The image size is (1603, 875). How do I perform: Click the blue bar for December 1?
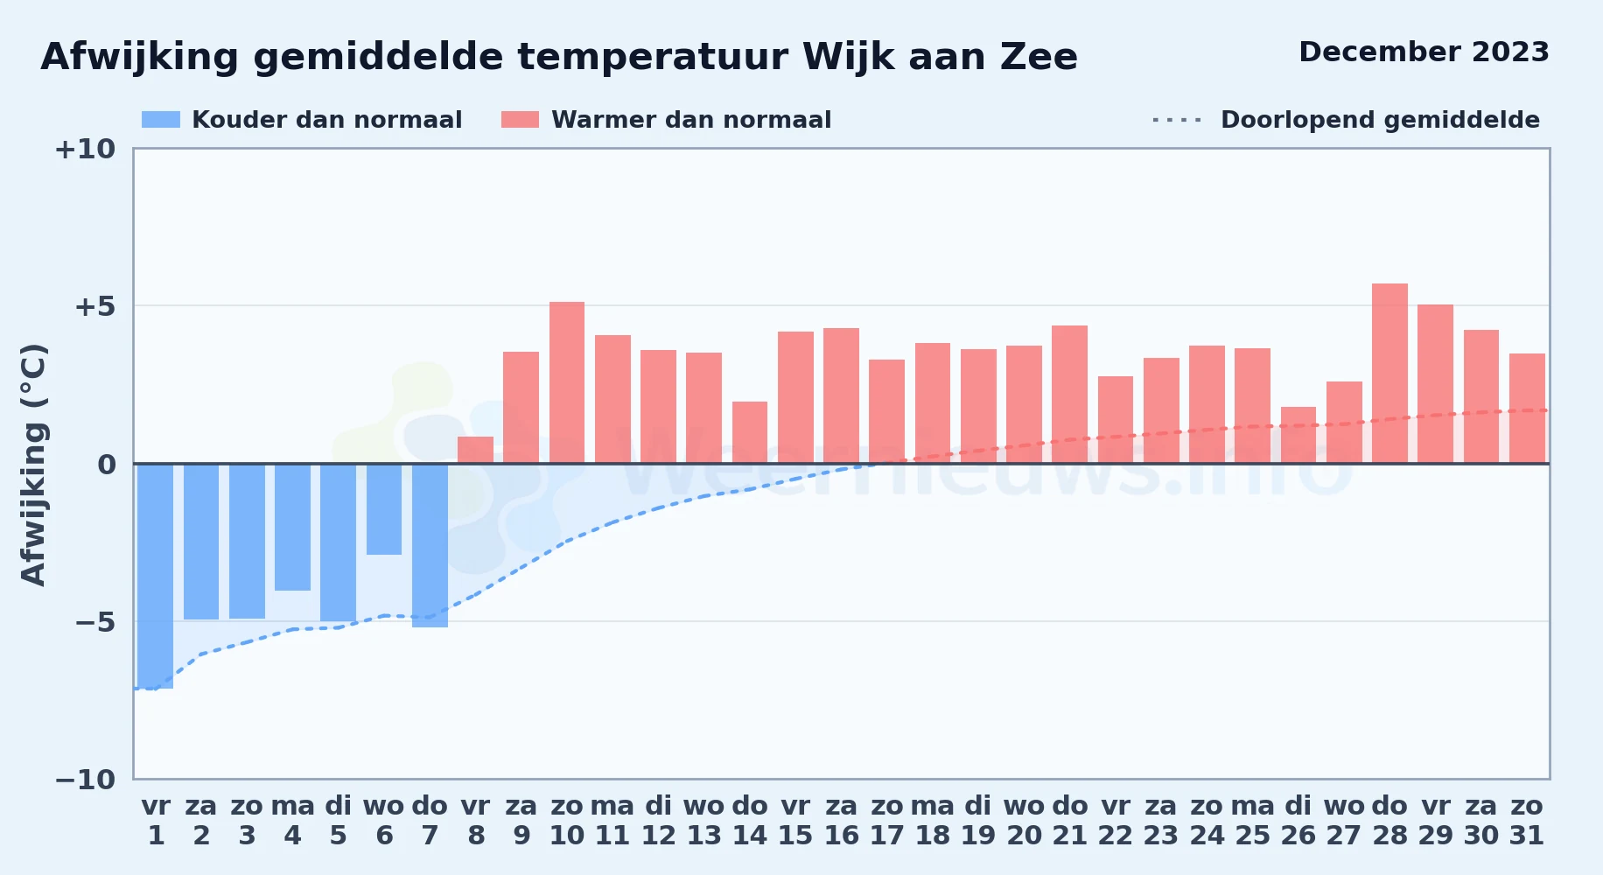156,576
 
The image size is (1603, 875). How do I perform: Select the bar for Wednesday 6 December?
384,508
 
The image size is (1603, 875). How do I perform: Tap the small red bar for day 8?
475,450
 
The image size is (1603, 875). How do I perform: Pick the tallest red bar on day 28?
1389,374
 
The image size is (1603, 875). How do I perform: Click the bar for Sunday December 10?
567,382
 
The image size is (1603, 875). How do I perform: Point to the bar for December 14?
750,432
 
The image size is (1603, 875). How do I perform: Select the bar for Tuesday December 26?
1298,435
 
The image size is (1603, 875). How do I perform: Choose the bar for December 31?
1527,409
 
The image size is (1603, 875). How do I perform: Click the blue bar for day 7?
430,545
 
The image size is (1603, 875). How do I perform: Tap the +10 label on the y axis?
85,149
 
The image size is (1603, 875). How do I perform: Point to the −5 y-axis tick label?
95,622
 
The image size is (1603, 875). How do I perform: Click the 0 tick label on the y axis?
107,465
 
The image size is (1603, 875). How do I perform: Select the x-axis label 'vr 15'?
795,821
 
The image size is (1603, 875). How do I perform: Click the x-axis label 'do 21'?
1069,821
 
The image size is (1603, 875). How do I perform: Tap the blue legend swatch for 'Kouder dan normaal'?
161,120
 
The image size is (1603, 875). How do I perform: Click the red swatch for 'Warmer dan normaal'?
520,120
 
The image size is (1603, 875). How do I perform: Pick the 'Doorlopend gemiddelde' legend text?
1380,120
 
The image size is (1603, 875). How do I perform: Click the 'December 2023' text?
1424,52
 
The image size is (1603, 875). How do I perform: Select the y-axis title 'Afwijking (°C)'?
33,464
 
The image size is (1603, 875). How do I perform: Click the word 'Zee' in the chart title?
1039,57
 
